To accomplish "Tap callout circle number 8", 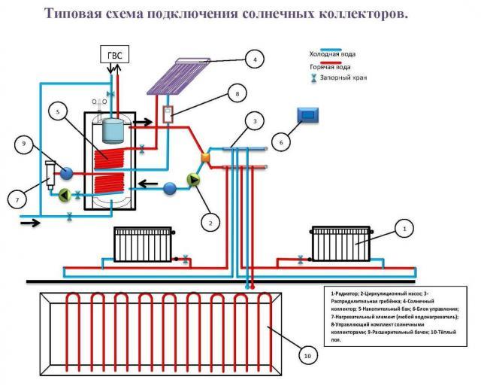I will (237, 95).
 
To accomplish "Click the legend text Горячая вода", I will (330, 67).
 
